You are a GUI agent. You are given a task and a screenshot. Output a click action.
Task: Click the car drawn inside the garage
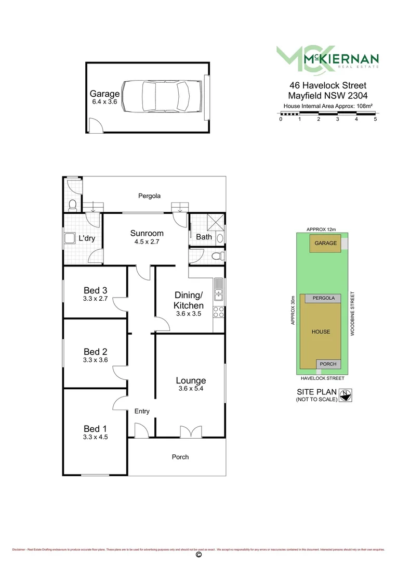coord(161,97)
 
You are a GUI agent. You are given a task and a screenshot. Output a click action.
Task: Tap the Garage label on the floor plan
coord(104,94)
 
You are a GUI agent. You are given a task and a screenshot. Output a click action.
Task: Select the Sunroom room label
coord(147,233)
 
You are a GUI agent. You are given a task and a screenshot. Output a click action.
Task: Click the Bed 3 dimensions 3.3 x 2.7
coord(96,299)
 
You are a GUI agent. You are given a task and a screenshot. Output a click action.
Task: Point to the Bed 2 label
coord(96,352)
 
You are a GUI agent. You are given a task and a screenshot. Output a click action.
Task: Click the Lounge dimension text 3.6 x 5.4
coord(191,388)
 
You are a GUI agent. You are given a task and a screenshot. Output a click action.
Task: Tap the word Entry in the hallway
coord(142,411)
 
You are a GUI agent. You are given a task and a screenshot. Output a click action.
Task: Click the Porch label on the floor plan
coord(180,457)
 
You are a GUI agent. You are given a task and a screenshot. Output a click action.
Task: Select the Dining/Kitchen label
coord(189,300)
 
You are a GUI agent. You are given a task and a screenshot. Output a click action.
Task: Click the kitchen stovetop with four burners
coord(219,312)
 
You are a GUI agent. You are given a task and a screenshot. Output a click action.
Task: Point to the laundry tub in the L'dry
coord(69,239)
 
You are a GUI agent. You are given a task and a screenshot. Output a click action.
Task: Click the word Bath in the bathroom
coord(204,237)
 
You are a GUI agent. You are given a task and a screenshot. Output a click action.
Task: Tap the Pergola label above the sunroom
coord(149,196)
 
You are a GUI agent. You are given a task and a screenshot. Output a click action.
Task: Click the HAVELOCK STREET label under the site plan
coord(323,378)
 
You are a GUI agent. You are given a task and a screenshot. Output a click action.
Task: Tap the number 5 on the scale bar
coord(375,119)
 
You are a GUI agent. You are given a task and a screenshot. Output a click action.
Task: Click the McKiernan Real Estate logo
coord(327,57)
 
